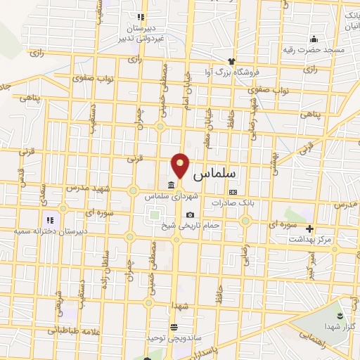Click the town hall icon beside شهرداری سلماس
point(172,186)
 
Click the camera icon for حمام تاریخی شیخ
point(189,215)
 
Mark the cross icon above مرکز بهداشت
point(309,229)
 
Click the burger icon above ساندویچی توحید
point(174,326)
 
